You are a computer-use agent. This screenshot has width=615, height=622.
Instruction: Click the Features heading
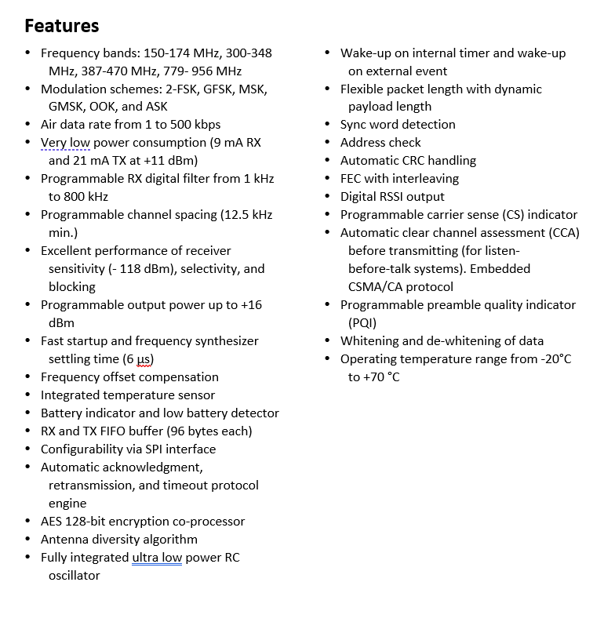(x=62, y=26)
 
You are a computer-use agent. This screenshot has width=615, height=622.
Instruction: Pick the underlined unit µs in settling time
(x=143, y=359)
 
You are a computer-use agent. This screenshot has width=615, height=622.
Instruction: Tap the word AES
(x=53, y=522)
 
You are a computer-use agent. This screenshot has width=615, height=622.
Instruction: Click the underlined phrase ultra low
(x=156, y=558)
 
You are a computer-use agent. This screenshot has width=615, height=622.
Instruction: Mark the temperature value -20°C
(x=551, y=359)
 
